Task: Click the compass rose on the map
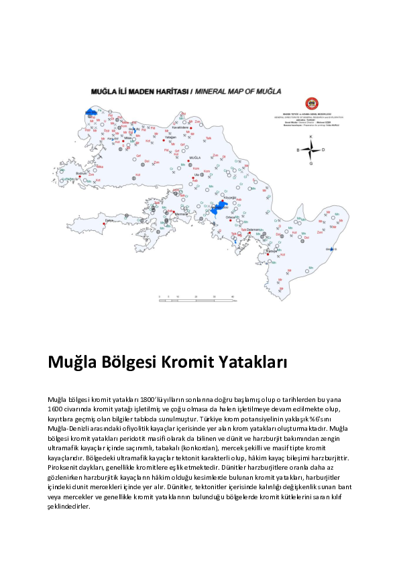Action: pyautogui.click(x=310, y=150)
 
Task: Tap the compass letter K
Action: pyautogui.click(x=310, y=137)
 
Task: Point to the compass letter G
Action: pyautogui.click(x=310, y=163)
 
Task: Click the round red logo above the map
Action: pyautogui.click(x=311, y=104)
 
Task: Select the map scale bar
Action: pyautogui.click(x=195, y=296)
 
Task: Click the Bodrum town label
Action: pyautogui.click(x=83, y=172)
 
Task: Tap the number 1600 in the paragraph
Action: pyautogui.click(x=56, y=408)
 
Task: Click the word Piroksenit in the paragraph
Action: pyautogui.click(x=64, y=466)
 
